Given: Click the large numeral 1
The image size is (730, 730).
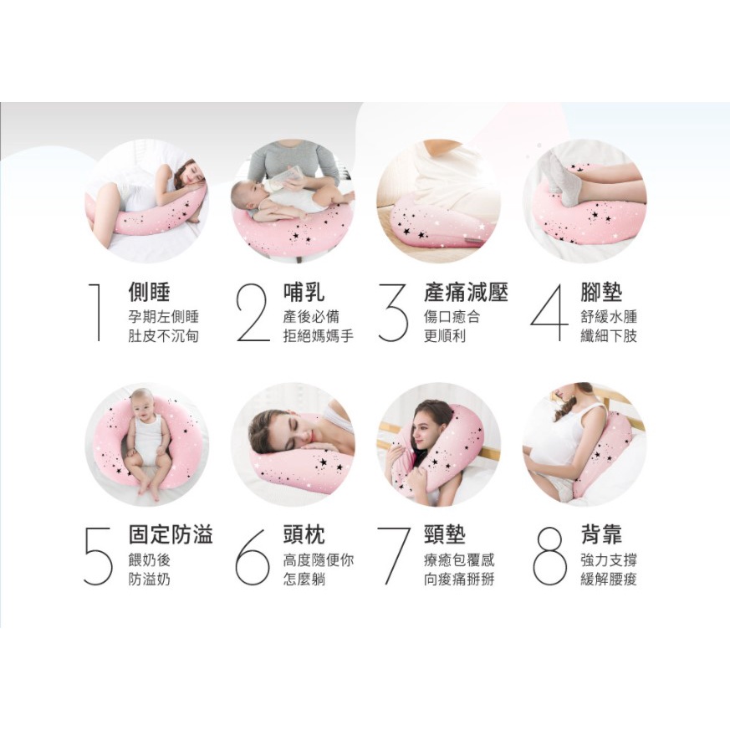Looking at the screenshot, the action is coord(97,311).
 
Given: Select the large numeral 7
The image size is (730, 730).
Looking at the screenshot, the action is coord(394,556).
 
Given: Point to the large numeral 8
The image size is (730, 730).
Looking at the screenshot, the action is coord(549,556).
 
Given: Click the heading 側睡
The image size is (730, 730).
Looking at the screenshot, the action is coord(149,292).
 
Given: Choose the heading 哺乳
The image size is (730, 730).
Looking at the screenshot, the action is coord(304,292).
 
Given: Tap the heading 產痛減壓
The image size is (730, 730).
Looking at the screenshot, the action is coord(466,292).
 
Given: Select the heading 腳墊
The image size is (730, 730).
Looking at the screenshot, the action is coord(601,292).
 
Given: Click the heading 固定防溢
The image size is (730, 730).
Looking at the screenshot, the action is coord(171,534).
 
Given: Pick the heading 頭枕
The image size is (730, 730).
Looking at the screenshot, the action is coord(304,534).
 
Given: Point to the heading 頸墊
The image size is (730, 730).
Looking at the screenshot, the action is coord(445,534).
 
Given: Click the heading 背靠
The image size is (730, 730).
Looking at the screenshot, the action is coord(601,534).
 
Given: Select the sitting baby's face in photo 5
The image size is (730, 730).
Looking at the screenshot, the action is coord(142,403).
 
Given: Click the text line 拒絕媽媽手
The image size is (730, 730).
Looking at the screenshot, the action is coord(319,335).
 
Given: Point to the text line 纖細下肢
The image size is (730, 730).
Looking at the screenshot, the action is coord(609,335).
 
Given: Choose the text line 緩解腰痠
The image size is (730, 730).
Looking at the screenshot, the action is coord(609,579).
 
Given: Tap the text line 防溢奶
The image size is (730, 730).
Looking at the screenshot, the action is coord(150,579).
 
